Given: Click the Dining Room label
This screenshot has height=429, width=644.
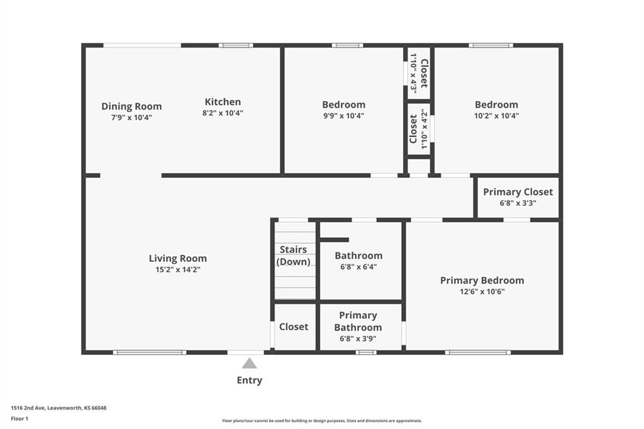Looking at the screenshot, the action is pos(131,106).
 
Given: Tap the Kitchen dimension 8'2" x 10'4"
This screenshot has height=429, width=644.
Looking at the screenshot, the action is pos(223,113).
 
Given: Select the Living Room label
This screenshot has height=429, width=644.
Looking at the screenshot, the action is pos(178,259).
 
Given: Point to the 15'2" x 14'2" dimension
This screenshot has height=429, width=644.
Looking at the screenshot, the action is pos(178,270).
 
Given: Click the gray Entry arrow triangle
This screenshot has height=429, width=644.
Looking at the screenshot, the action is pos(249,364).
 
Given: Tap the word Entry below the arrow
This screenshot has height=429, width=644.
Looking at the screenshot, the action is pos(249,381).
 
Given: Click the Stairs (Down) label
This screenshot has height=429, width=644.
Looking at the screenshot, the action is pos(293,255).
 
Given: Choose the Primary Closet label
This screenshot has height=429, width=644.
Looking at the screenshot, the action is pos(518,192).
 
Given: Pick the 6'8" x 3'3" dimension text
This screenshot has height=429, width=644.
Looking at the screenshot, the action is pos(518,203).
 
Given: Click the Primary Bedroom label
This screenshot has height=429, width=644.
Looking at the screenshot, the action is pos(482,281).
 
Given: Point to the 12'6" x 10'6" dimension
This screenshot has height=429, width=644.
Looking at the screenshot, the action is pos(482,292).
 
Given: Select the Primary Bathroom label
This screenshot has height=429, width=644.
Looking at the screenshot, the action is pos(358,321).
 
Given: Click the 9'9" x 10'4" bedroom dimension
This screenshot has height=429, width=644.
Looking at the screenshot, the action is pos(344,116).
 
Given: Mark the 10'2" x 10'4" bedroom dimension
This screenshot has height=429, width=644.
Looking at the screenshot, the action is pos(497,116).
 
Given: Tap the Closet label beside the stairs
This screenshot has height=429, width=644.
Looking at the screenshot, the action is pos(294,326).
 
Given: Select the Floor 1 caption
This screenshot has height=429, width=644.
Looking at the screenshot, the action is pos(19,419).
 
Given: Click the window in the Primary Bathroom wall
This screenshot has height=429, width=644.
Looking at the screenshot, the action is pos(366,352).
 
